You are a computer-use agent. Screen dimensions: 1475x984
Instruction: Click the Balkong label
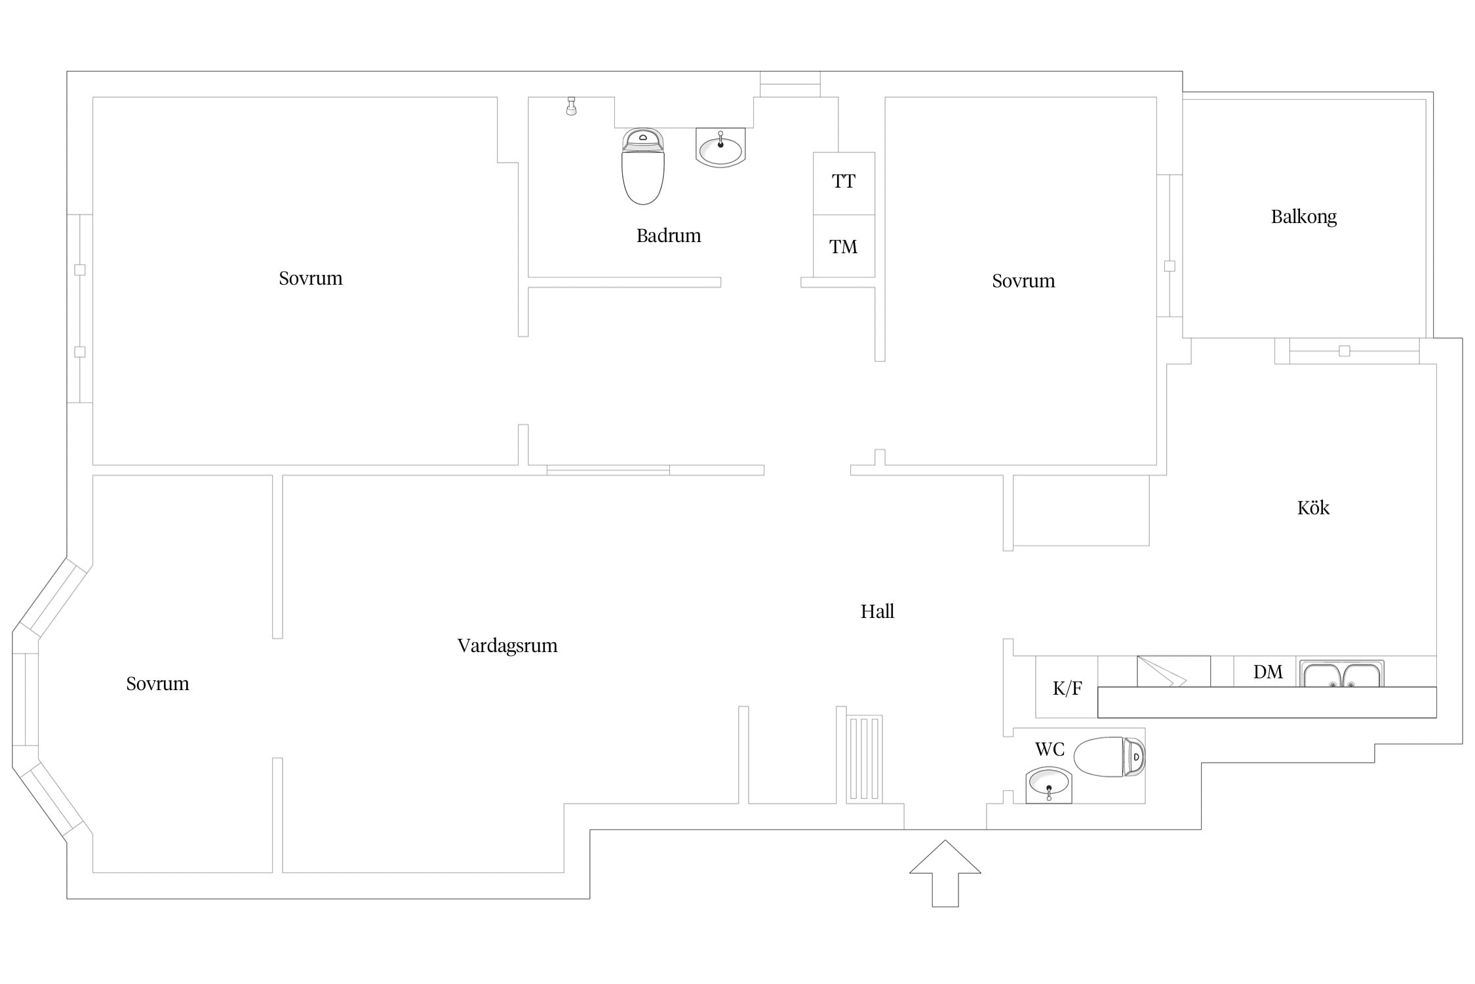click(1303, 216)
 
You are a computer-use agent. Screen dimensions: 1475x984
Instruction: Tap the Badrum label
click(669, 236)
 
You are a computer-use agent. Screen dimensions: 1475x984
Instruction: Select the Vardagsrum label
click(507, 646)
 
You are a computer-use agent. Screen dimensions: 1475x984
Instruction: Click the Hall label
click(877, 611)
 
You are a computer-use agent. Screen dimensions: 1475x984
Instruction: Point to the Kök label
click(1313, 507)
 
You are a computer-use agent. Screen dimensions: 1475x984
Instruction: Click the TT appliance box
click(844, 183)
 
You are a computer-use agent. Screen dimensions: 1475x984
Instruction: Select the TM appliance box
click(844, 246)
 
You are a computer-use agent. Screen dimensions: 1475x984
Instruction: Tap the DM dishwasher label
click(1268, 672)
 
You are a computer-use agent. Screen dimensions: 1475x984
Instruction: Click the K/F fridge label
click(1067, 688)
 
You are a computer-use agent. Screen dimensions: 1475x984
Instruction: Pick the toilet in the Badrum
click(642, 166)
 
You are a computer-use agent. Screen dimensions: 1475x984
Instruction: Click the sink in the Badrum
click(720, 148)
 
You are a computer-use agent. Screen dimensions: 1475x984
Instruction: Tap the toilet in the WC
click(1109, 757)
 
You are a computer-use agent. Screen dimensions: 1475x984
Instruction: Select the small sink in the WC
click(1048, 785)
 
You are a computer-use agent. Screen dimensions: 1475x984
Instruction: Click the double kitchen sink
click(1342, 674)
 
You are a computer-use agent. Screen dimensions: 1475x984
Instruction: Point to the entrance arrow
click(945, 873)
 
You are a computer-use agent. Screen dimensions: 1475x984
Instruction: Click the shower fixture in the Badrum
click(572, 106)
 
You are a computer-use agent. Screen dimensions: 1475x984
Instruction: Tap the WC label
click(1050, 749)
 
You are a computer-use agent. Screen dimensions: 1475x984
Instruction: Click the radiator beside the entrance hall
click(864, 759)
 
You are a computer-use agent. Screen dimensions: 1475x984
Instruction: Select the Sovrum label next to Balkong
click(1023, 281)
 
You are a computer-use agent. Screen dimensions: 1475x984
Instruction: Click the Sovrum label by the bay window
click(157, 684)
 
